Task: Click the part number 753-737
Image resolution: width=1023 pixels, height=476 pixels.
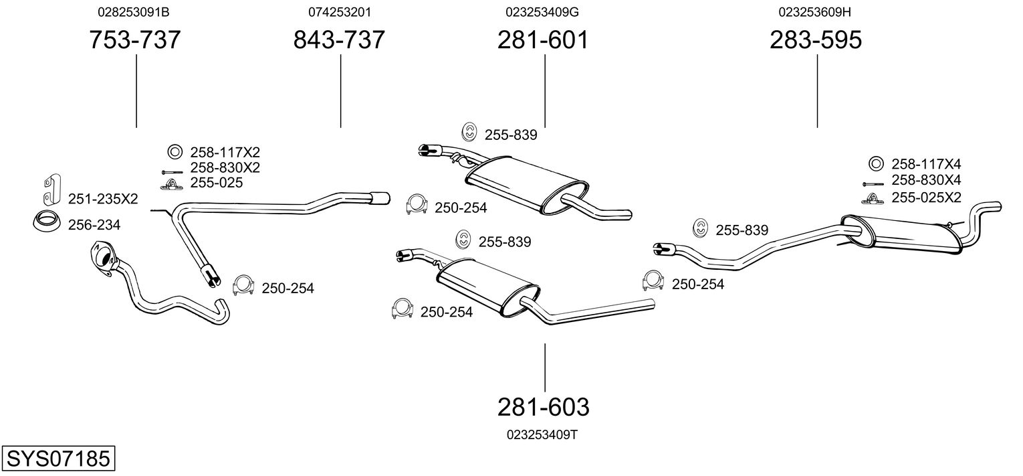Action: point(135,40)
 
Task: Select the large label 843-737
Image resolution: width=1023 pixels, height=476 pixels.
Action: point(340,40)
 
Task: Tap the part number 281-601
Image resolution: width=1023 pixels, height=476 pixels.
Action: point(544,40)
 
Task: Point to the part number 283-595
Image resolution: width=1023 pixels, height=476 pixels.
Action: point(816,40)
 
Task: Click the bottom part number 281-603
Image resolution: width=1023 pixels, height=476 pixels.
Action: point(544,406)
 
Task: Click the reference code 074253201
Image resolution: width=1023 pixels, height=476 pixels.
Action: point(340,12)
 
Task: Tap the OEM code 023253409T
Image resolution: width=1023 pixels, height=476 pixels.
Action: point(542,434)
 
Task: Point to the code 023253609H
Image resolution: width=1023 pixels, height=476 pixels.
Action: point(814,12)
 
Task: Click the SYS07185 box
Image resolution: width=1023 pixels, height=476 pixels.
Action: point(58,459)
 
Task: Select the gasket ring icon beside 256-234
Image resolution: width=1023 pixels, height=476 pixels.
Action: point(46,221)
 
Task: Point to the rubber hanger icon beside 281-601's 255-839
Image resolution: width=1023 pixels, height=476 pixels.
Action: point(470,133)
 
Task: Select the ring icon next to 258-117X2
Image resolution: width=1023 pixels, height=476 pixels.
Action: point(174,152)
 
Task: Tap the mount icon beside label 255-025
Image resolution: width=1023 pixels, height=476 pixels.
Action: point(170,183)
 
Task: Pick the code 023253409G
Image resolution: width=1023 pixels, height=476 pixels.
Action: point(542,12)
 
